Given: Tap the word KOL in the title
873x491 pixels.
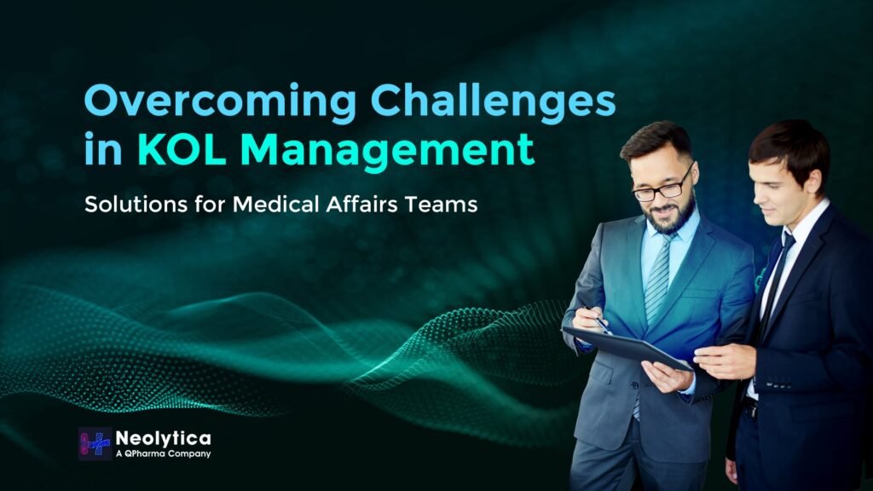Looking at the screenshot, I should point(176,151).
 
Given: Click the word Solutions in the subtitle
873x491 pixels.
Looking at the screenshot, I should point(142,207).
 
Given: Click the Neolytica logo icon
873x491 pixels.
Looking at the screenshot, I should point(95,443).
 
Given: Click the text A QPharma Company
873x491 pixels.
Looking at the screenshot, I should point(163,453).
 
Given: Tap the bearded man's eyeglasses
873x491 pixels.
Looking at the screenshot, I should point(662,188).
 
